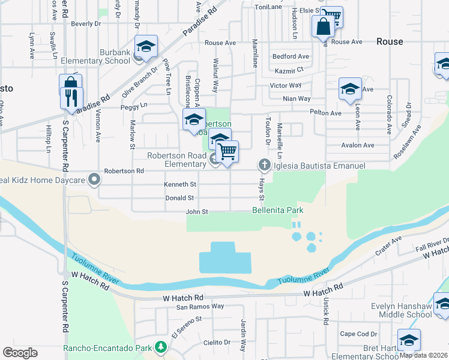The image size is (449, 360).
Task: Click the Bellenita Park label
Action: (x=277, y=210)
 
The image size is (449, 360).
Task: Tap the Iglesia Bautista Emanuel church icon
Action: (x=264, y=164)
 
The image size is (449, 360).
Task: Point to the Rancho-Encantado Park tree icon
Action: (x=160, y=347)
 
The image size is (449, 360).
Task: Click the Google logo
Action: (x=20, y=353)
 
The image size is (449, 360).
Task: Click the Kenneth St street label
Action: (x=181, y=184)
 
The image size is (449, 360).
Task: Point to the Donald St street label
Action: (x=181, y=197)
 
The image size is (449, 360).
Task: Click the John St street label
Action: (x=196, y=211)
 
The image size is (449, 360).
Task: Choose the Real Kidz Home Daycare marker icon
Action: (x=94, y=179)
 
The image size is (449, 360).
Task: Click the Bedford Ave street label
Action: (x=291, y=56)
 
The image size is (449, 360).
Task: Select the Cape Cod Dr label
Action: (x=357, y=334)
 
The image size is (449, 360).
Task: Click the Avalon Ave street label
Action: (x=357, y=145)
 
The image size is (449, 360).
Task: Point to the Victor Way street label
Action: (x=286, y=85)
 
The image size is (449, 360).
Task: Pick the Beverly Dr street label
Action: (x=86, y=24)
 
